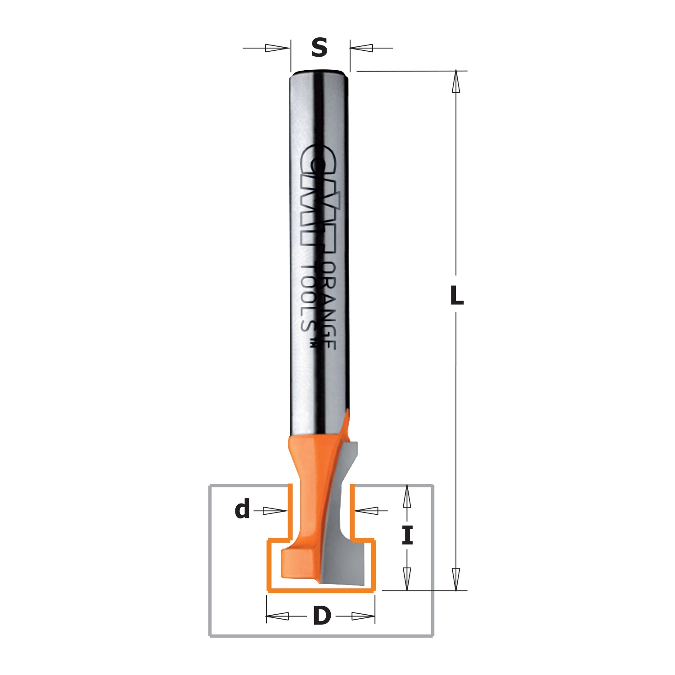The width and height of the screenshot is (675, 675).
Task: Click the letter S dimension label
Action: click(319, 47)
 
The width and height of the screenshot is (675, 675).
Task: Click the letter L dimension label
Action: click(457, 295)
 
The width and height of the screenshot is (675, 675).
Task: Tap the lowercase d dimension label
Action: click(243, 510)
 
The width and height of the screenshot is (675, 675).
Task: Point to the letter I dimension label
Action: click(407, 535)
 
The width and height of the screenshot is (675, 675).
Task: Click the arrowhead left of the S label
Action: click(277, 48)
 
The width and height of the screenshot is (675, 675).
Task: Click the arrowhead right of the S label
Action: click(362, 48)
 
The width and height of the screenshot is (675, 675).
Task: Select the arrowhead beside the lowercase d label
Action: click(274, 511)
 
